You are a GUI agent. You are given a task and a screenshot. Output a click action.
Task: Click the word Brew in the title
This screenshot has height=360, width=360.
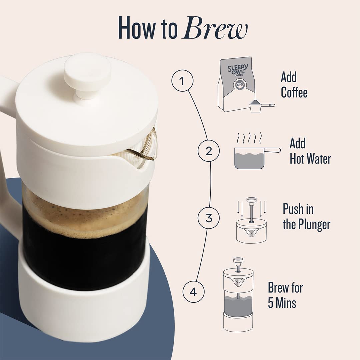(x=215, y=28)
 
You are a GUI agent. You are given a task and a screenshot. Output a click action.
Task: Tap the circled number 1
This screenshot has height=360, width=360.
(x=182, y=81)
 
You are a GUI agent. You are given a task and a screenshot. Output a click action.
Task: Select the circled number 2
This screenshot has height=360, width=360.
(x=209, y=151)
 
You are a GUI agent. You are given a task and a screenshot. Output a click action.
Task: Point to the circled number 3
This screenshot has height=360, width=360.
(x=209, y=218)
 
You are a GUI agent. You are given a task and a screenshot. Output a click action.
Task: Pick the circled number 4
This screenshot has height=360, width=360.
(x=194, y=292)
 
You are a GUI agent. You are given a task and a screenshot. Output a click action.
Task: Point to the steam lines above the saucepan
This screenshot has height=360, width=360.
(x=250, y=137)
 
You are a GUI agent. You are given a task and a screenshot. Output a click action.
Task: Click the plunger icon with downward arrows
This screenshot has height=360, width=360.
(x=251, y=220)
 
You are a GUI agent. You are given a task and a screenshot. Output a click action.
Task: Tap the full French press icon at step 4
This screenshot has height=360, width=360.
(x=238, y=295)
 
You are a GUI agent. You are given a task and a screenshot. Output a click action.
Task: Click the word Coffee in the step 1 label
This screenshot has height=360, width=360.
(x=294, y=93)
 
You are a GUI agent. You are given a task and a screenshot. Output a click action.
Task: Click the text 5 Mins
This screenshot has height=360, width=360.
(x=282, y=303)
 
